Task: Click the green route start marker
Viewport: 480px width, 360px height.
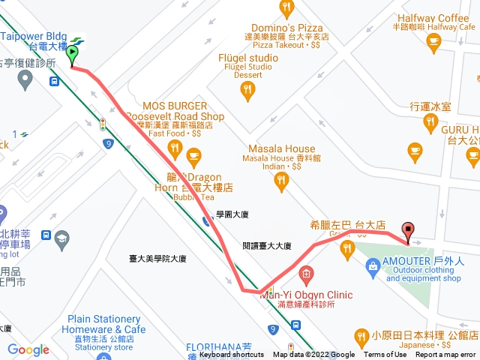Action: coord(73,55)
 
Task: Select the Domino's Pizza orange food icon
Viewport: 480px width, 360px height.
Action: coord(286,9)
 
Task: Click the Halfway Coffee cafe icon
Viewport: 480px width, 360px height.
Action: coord(433,43)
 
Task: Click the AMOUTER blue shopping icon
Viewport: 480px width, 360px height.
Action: coord(373,265)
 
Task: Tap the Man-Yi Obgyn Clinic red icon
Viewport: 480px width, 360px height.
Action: coord(305,272)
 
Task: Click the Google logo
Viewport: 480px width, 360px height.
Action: coord(28,349)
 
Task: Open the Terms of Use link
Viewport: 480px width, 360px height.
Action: coord(385,355)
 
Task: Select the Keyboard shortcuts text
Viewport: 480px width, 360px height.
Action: coord(232,355)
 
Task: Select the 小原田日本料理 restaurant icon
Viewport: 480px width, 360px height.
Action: coord(361,334)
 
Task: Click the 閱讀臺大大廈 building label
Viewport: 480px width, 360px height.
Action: coord(267,246)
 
